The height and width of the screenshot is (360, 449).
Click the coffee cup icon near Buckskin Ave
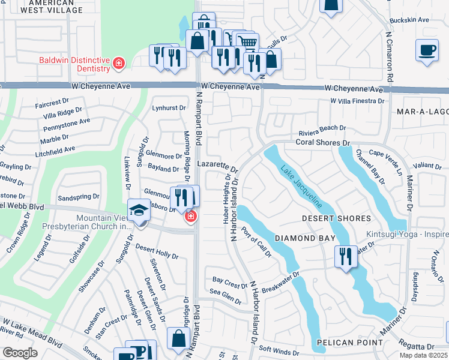pos(427,50)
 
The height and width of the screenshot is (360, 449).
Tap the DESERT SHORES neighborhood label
pos(336,218)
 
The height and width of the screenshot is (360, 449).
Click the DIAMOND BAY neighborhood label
pos(304,238)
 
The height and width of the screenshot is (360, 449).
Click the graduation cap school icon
pos(139,211)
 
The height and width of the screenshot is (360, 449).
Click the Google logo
pos(20,353)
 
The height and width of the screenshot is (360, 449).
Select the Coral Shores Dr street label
pos(322,143)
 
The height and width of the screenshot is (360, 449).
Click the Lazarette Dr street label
pos(218,166)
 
